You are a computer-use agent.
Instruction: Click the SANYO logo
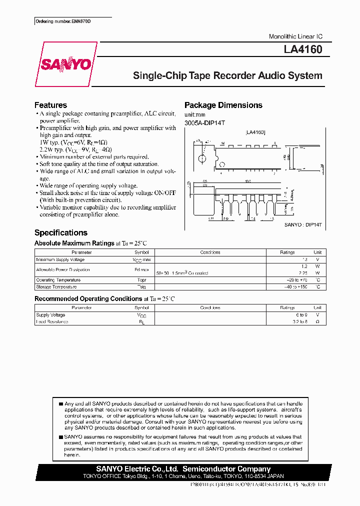(66, 64)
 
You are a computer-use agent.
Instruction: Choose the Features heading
(50, 105)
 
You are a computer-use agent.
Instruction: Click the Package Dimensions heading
(223, 105)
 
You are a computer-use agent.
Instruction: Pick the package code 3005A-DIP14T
(205, 123)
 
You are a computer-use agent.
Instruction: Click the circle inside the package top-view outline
(202, 159)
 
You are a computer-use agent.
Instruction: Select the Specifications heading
(60, 232)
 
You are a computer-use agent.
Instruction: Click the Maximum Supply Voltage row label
(60, 259)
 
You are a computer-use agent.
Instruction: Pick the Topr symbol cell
(141, 280)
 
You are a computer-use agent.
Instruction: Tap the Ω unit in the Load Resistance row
(317, 321)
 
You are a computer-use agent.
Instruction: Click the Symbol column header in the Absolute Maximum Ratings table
(141, 252)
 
